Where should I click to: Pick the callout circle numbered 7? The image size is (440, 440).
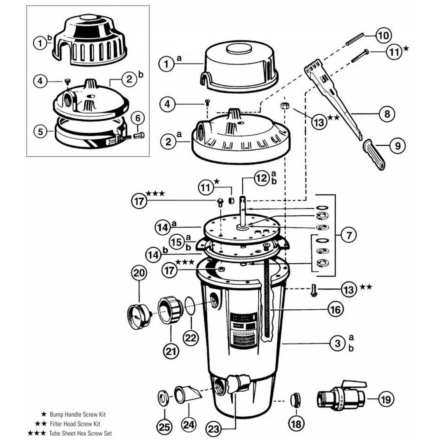click(349, 235)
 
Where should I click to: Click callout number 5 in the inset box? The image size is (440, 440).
click(41, 131)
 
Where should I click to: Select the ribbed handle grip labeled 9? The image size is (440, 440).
click(375, 155)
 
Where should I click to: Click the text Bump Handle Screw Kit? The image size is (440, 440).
click(77, 414)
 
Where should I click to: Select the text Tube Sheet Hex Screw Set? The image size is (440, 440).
click(81, 433)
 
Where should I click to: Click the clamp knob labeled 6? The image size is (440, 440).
click(139, 135)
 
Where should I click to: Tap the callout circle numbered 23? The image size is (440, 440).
click(214, 429)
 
